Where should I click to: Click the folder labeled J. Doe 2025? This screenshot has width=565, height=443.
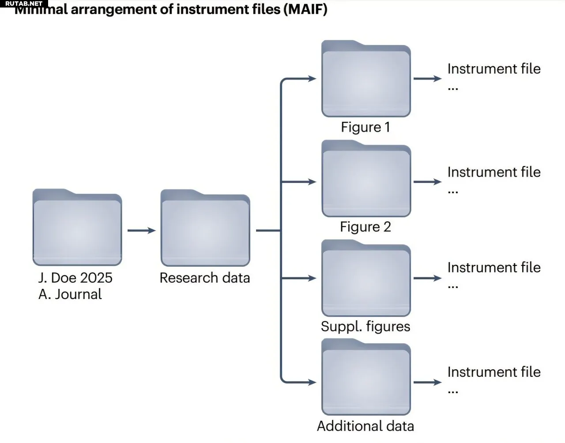pyautogui.click(x=77, y=227)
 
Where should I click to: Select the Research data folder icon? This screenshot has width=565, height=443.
pyautogui.click(x=205, y=227)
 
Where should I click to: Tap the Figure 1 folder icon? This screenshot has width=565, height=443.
pyautogui.click(x=366, y=79)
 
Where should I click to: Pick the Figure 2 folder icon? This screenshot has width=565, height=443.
pyautogui.click(x=366, y=178)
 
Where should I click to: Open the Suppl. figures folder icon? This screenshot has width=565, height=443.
pyautogui.click(x=366, y=278)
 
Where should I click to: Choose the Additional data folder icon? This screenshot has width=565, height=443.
pyautogui.click(x=366, y=377)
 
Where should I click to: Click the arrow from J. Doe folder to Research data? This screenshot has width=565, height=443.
pyautogui.click(x=141, y=230)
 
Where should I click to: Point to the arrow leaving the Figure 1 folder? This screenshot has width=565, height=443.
pyautogui.click(x=427, y=78)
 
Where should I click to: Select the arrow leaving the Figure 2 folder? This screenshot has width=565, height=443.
pyautogui.click(x=427, y=182)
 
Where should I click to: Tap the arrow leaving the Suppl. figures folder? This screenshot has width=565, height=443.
pyautogui.click(x=427, y=278)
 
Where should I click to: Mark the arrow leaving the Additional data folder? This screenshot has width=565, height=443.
pyautogui.click(x=427, y=382)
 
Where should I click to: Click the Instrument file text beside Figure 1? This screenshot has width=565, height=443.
pyautogui.click(x=494, y=69)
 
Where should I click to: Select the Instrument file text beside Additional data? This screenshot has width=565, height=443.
pyautogui.click(x=494, y=372)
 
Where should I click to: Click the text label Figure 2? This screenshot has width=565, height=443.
pyautogui.click(x=365, y=227)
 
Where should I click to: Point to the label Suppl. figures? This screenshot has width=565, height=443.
pyautogui.click(x=365, y=327)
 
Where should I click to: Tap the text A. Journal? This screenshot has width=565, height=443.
pyautogui.click(x=70, y=294)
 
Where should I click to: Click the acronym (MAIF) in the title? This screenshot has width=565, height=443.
pyautogui.click(x=306, y=9)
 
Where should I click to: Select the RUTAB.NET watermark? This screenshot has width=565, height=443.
pyautogui.click(x=24, y=4)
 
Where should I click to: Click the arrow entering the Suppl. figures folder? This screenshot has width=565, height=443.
pyautogui.click(x=299, y=278)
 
